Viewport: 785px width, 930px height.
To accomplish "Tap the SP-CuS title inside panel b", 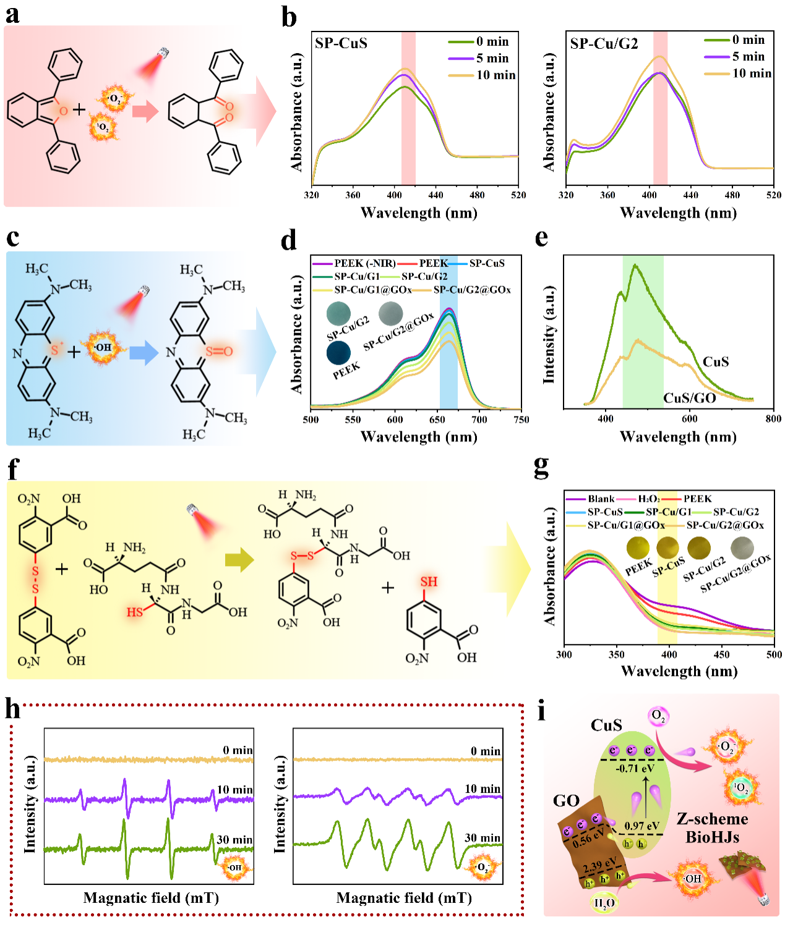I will [341, 43].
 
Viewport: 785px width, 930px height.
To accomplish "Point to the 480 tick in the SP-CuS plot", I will [477, 195].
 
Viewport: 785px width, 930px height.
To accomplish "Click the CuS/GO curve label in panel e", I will [689, 398].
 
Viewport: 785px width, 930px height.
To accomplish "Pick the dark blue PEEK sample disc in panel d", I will [338, 352].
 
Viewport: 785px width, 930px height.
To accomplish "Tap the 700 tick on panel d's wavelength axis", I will [479, 420].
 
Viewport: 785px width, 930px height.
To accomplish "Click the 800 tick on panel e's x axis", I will [773, 419].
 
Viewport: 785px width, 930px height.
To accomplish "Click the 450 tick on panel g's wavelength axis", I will [721, 654].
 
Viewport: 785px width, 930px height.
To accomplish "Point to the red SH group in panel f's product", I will [429, 581].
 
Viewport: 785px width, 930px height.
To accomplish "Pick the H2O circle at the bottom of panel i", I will [604, 903].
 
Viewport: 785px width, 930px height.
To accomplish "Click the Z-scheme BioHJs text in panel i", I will [712, 828].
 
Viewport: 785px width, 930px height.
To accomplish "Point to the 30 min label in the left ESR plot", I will [234, 840].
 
